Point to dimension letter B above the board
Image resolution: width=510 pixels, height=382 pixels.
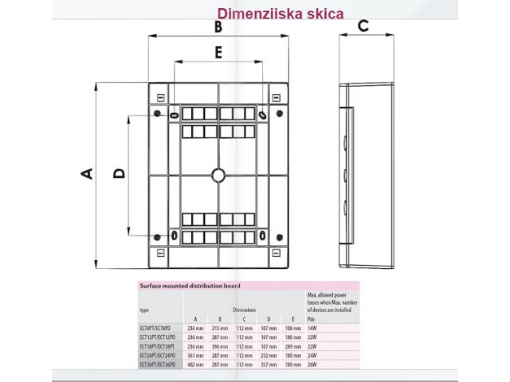218,27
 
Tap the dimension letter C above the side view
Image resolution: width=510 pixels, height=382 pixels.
363,25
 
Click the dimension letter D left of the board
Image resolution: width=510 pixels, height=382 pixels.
119,173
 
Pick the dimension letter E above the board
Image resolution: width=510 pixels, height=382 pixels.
218,53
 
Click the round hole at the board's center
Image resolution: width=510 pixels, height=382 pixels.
218,174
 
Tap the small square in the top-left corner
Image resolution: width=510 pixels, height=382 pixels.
162,98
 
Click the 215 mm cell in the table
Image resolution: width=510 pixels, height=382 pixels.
218,328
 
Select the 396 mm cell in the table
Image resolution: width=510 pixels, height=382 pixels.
218,345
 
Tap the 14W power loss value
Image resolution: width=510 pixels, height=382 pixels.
312,328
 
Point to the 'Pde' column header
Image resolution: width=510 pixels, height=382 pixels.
312,318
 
